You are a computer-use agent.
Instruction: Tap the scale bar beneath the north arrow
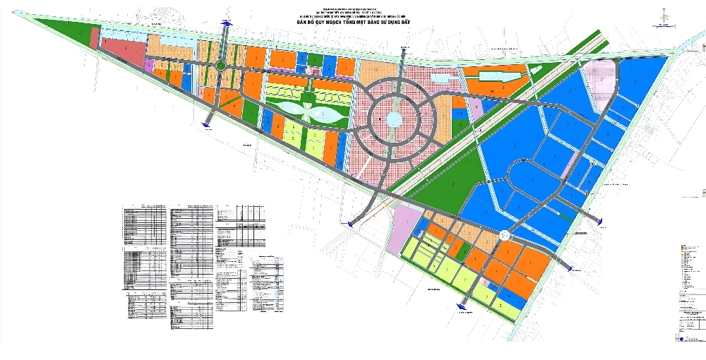click(x=664, y=27)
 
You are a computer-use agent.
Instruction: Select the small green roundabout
click(x=221, y=66)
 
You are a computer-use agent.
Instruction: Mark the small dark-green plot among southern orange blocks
click(x=460, y=250)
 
